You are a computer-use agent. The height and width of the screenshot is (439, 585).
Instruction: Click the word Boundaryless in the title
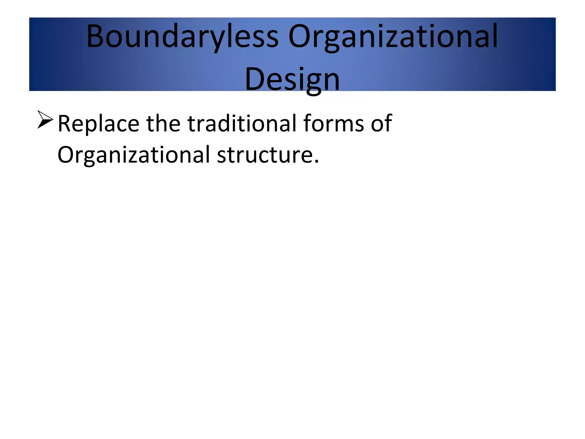(x=182, y=37)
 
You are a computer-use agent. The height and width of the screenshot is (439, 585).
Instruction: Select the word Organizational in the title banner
(x=393, y=37)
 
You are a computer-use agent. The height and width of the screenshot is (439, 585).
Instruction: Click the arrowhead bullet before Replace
(x=45, y=119)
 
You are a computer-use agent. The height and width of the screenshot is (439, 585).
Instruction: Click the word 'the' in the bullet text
(x=163, y=123)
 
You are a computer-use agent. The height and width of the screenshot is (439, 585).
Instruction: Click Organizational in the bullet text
(x=134, y=155)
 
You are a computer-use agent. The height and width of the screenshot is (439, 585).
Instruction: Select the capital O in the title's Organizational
(x=299, y=37)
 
